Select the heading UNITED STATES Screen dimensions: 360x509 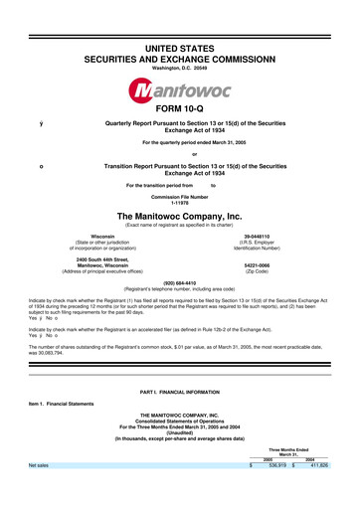[x=180, y=21]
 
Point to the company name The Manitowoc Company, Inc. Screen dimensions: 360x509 [x=180, y=214]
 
